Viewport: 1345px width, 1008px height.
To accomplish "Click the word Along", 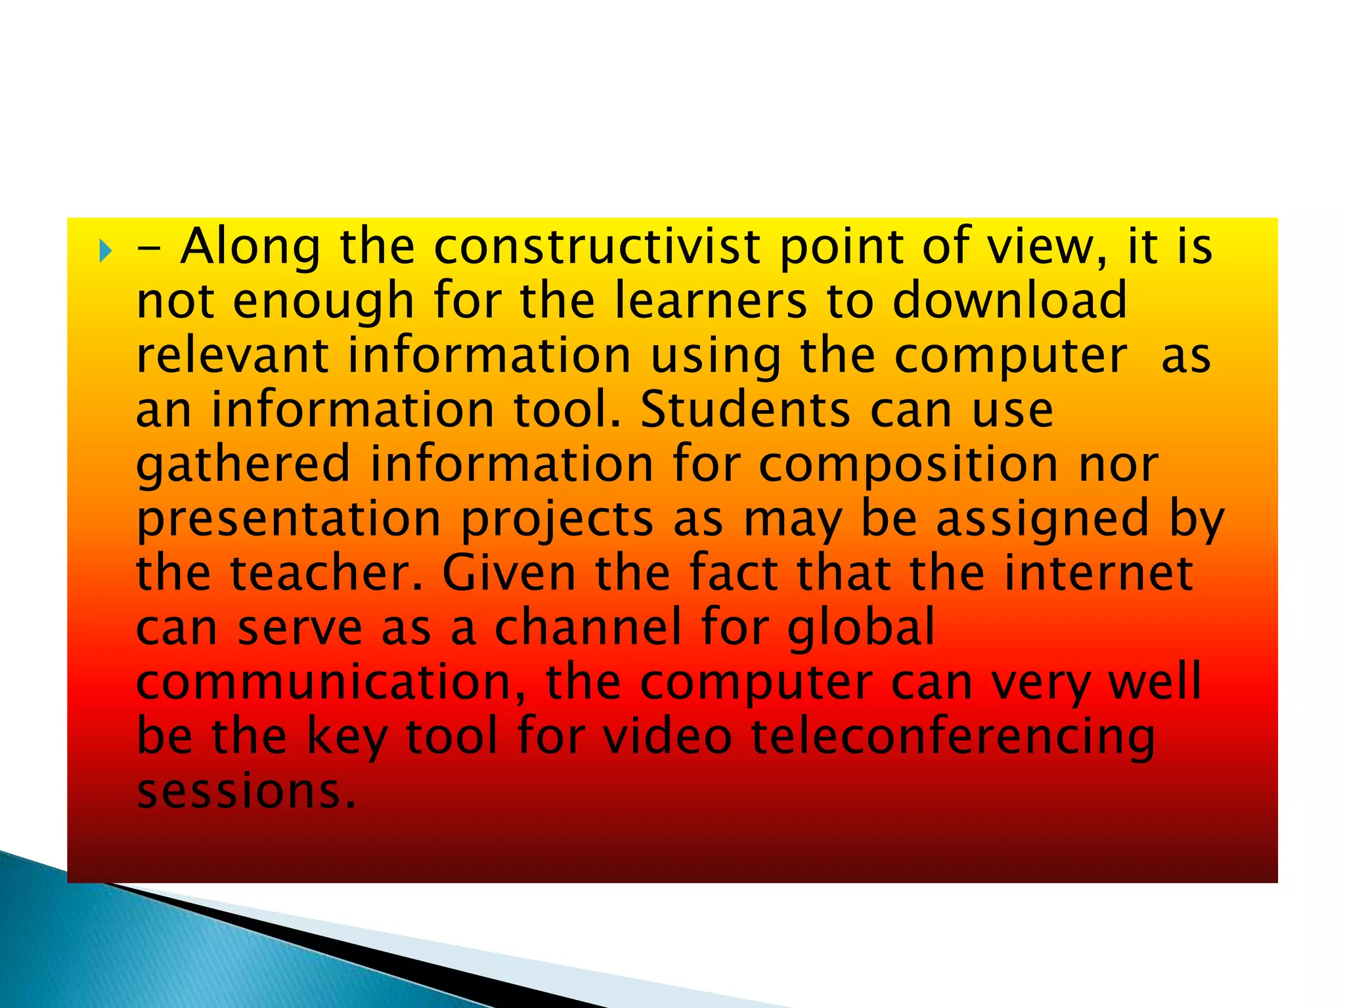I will (x=250, y=247).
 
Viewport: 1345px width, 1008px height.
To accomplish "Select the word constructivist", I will (x=597, y=247).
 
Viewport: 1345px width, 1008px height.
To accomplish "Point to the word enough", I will (x=323, y=302).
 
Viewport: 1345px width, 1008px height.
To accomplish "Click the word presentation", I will (x=289, y=520).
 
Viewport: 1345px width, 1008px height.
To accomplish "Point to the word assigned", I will (x=1042, y=520).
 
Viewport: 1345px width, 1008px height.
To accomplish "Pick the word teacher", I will (x=326, y=573).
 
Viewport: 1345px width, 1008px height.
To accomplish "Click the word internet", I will (x=1098, y=573).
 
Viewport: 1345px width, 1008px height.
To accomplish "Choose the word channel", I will (x=588, y=627).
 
